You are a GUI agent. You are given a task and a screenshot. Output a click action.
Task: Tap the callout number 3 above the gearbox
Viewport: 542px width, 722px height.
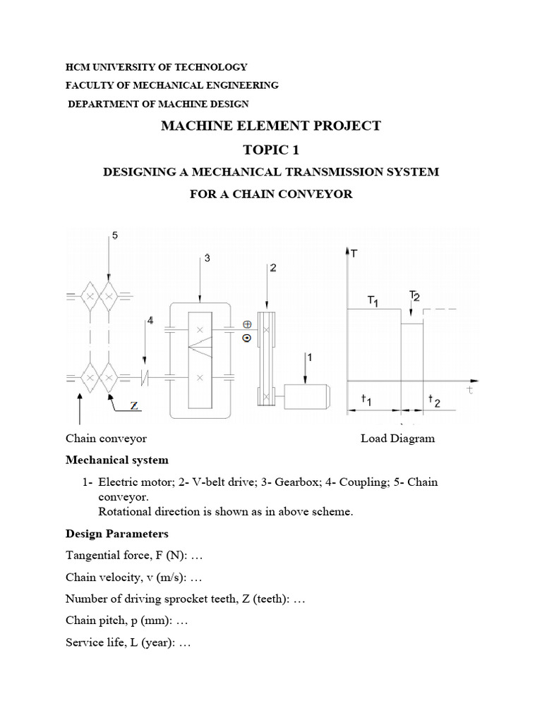207,259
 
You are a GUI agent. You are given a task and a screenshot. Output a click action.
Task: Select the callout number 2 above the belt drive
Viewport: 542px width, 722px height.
272,267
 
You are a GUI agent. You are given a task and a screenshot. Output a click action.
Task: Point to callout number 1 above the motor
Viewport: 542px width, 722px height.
311,357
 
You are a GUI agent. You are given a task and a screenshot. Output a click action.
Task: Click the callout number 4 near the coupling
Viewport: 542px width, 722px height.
150,322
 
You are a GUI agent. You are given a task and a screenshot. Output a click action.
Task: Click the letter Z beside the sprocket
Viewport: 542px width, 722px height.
135,405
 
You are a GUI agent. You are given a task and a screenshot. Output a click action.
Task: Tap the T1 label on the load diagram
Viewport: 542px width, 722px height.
373,300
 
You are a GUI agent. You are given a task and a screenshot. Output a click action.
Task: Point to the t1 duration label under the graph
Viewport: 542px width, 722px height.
366,400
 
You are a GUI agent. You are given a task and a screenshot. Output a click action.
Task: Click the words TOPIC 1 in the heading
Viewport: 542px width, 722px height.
271,149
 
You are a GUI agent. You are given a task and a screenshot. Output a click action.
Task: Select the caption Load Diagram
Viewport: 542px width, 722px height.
397,439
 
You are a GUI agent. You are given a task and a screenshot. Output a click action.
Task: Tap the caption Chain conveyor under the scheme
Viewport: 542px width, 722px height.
106,439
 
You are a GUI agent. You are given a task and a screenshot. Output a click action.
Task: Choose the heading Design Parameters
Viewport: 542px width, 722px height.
117,533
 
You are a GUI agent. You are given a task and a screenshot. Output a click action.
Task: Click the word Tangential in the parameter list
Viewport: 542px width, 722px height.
91,556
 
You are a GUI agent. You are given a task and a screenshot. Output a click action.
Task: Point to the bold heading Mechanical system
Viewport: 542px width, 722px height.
117,460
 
